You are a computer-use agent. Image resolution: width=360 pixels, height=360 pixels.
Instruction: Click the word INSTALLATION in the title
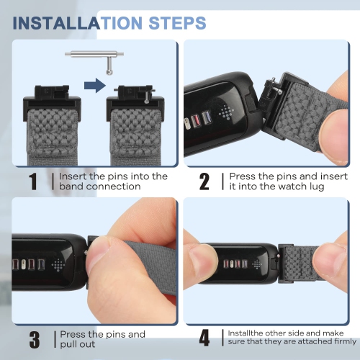click(x=78, y=23)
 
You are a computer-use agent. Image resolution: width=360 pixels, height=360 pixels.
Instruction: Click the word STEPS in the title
click(x=177, y=23)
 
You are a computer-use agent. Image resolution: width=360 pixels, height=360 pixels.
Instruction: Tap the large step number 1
click(x=33, y=181)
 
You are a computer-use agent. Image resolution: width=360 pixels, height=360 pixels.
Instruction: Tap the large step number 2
click(x=204, y=181)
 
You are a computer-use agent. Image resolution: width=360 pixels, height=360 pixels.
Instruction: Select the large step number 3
click(x=35, y=339)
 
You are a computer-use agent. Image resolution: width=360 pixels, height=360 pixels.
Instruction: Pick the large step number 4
click(x=204, y=338)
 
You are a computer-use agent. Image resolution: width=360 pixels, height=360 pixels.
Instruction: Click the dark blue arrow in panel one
click(x=95, y=85)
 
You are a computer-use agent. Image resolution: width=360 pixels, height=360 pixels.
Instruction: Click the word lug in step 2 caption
click(x=316, y=187)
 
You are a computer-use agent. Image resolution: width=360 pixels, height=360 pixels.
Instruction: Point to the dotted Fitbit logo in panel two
click(x=226, y=112)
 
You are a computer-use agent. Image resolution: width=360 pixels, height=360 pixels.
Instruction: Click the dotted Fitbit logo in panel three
click(x=58, y=265)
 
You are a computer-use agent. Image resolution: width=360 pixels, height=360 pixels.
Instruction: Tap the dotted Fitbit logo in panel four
click(x=257, y=264)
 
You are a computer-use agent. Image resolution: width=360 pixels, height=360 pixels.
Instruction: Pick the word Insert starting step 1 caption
click(x=73, y=176)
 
